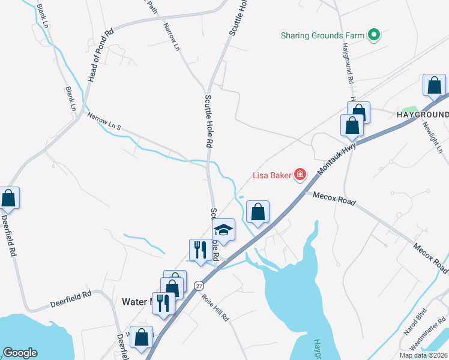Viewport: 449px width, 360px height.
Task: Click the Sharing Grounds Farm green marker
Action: [x=374, y=35]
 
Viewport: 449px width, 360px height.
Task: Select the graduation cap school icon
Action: [x=223, y=230]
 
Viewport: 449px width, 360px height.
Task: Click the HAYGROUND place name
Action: [x=422, y=115]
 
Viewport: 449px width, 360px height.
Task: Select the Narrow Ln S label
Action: [x=104, y=122]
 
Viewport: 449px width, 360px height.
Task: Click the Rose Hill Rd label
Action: [x=215, y=307]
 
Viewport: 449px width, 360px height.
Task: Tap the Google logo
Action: [x=20, y=353]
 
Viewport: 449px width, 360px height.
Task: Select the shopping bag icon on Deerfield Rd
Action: [x=8, y=197]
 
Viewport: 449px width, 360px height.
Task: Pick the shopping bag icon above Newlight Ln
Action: [x=433, y=85]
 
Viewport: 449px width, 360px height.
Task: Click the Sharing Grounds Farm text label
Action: [x=323, y=35]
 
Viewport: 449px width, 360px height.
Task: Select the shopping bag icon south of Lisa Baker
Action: [x=258, y=212]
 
